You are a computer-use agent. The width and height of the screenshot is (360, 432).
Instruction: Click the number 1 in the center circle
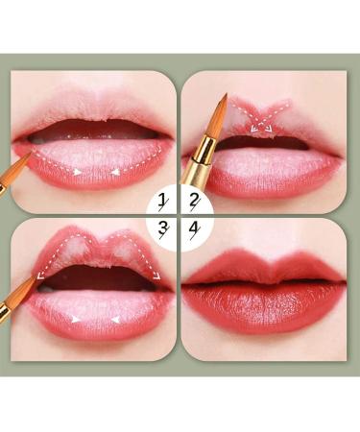(x=163, y=201)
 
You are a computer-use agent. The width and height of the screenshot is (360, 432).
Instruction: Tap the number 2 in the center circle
(x=195, y=201)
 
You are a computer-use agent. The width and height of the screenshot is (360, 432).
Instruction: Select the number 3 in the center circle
(x=163, y=229)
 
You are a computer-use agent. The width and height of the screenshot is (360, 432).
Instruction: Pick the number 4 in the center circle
(x=195, y=229)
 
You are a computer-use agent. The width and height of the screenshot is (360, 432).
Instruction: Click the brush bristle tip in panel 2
(x=226, y=95)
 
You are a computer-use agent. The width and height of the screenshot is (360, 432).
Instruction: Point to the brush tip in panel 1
(x=31, y=153)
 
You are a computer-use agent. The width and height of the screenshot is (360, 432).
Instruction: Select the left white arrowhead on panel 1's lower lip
(x=77, y=172)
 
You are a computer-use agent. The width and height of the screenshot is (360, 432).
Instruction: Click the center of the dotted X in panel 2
(x=261, y=121)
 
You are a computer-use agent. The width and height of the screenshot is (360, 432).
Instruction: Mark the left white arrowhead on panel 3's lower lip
(x=76, y=319)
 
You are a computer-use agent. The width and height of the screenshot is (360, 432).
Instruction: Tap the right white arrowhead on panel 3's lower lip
(x=115, y=320)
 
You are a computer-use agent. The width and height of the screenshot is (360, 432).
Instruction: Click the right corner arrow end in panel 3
(x=156, y=276)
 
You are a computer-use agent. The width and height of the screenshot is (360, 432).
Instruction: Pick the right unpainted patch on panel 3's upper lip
(x=122, y=252)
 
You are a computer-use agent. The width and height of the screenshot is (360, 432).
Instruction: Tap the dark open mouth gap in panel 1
(x=94, y=131)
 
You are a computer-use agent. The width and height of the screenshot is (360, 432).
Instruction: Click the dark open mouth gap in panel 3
(x=96, y=277)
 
